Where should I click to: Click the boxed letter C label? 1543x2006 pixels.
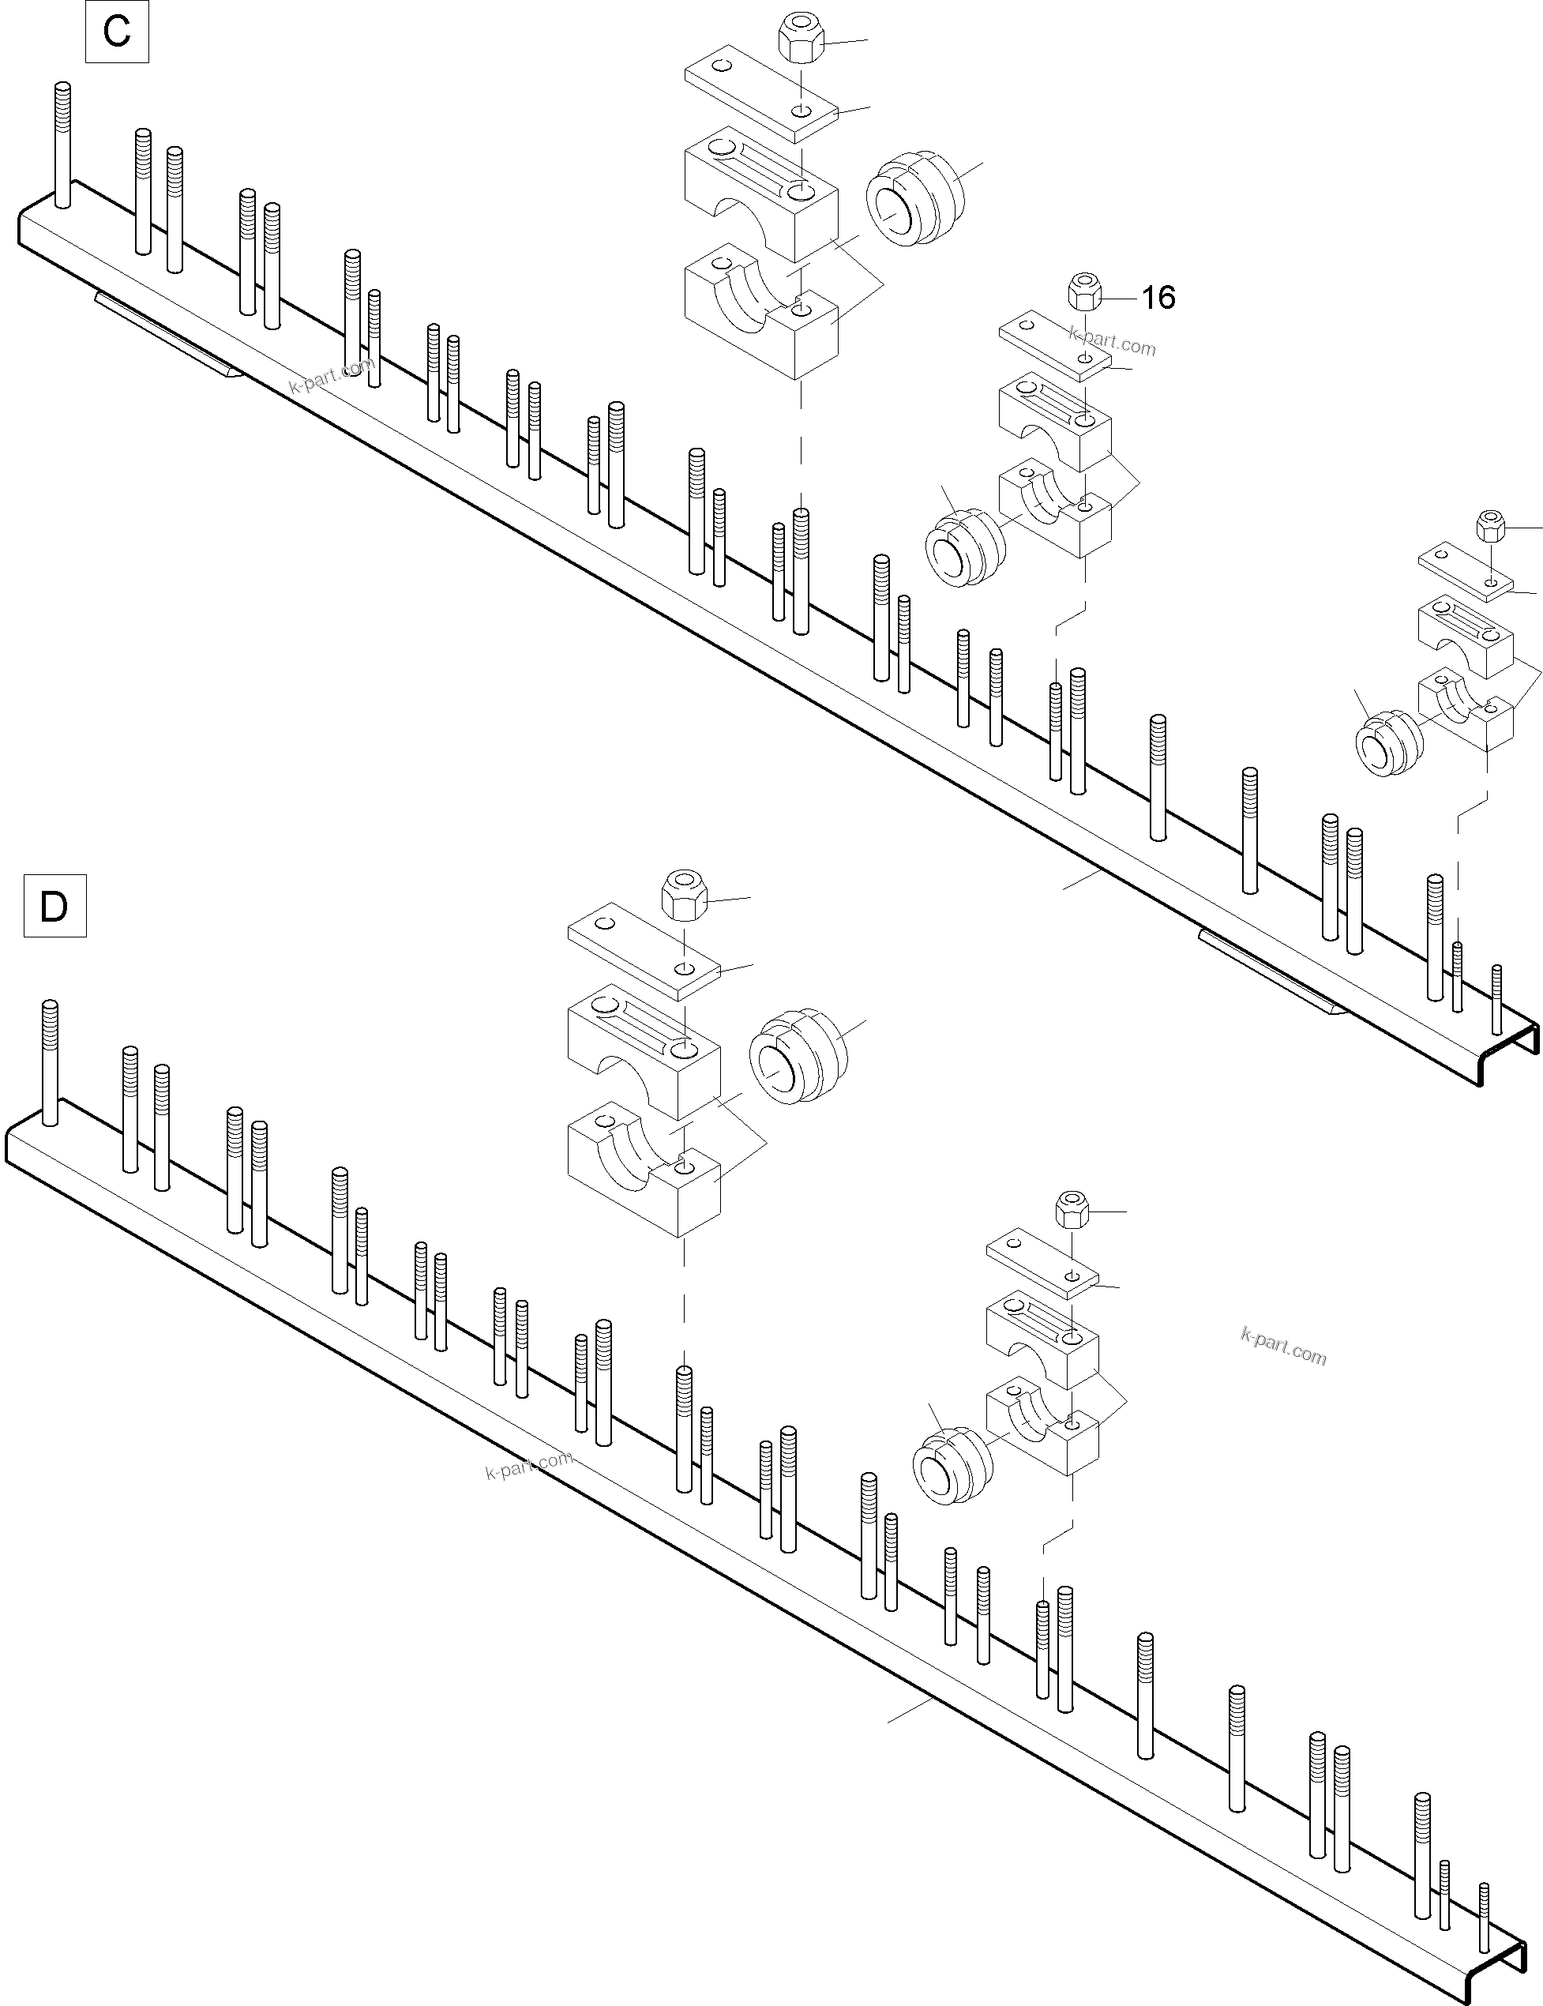coord(117,32)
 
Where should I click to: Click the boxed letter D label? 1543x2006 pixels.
coord(54,907)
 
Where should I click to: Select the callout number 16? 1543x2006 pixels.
coord(1158,297)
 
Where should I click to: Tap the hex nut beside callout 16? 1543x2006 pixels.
coord(1086,292)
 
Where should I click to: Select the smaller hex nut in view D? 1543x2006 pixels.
coord(1072,1211)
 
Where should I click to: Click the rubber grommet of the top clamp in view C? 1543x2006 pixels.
coord(914,203)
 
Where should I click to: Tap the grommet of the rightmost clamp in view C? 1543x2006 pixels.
coord(1389,743)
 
